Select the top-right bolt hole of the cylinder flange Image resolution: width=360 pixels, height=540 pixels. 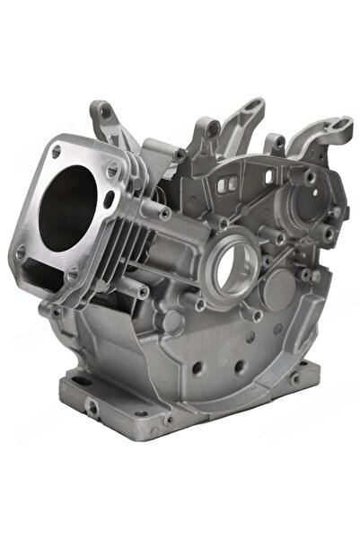click(x=111, y=168)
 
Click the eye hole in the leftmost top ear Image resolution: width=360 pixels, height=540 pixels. click(x=106, y=112)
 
